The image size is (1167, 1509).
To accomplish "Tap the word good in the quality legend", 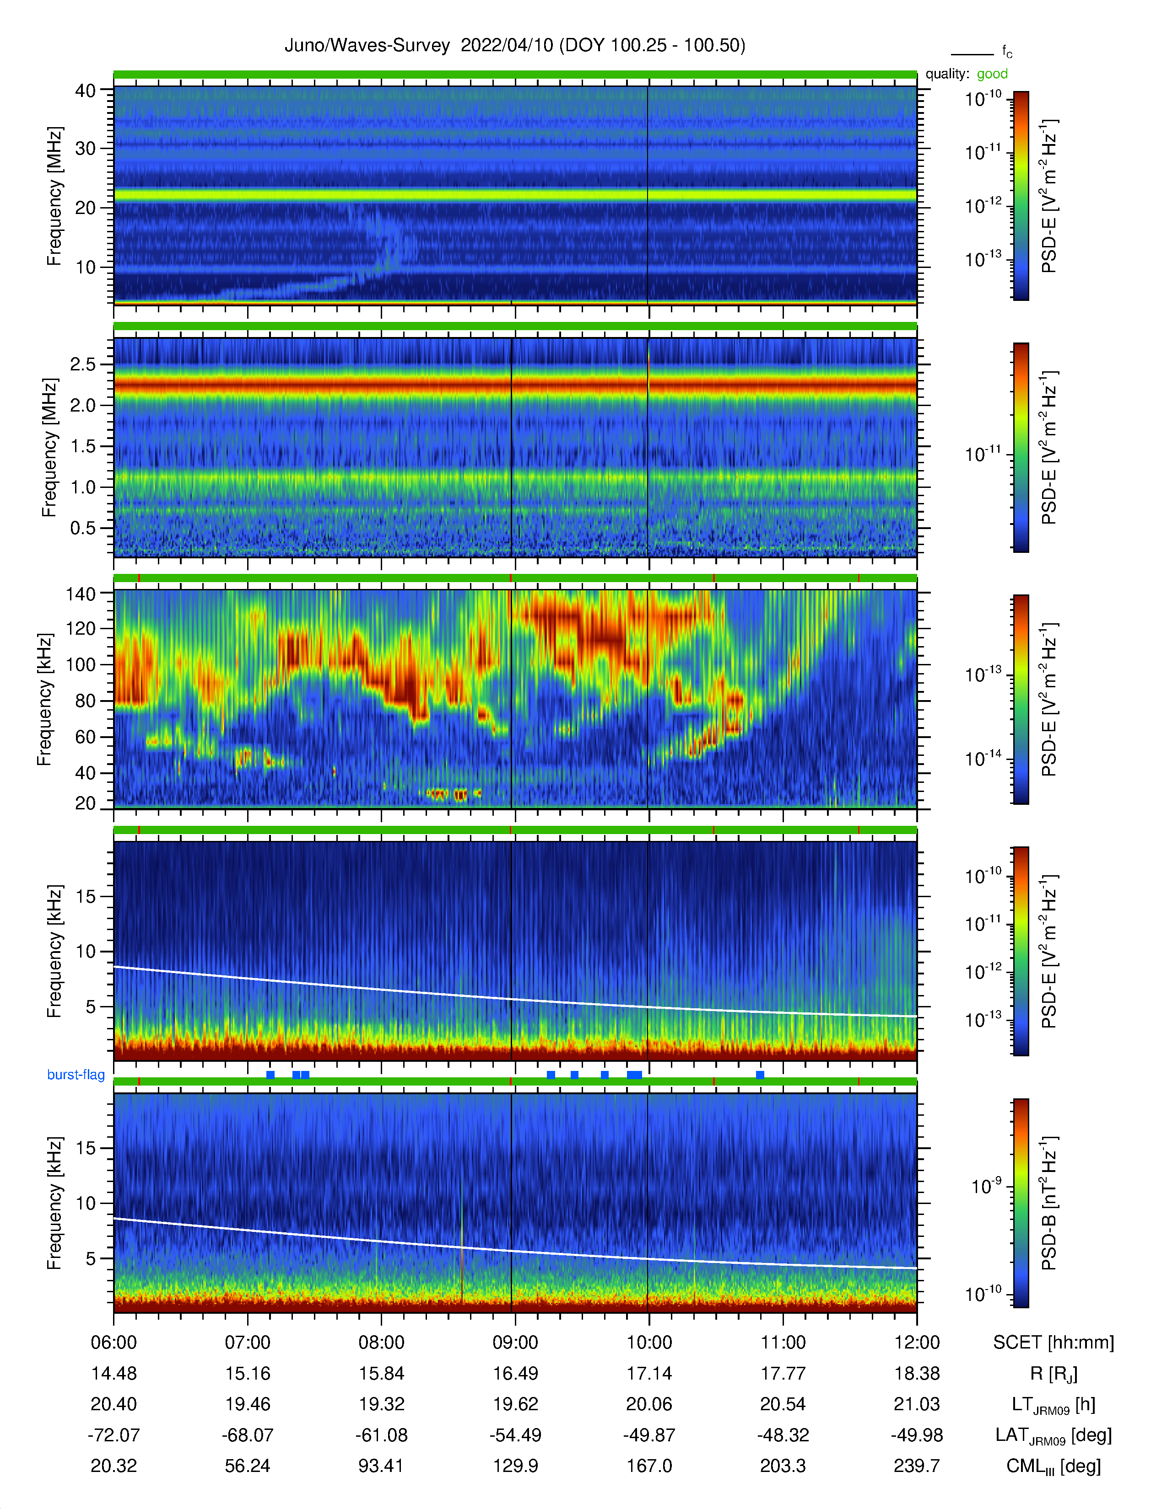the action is coord(992,74).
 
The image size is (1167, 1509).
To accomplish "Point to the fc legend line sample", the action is coord(972,54).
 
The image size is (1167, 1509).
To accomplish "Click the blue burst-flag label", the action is coord(76,1075).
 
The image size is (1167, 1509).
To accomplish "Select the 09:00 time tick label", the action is coord(515,1342).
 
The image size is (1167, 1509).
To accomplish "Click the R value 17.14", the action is coord(649,1373).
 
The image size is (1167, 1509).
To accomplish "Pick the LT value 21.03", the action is coord(917,1404).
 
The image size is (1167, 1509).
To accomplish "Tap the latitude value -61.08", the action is coord(382,1435).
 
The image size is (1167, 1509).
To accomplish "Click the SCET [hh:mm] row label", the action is coord(1054,1342).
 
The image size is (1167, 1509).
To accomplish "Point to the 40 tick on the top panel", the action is coord(85,91).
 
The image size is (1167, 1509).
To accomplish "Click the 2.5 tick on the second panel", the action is coord(83,364).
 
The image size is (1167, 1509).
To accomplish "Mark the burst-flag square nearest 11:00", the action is coord(760,1075).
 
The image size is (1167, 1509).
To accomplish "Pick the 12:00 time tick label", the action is coord(917,1342).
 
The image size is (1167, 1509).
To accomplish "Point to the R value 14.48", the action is coord(114,1373).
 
